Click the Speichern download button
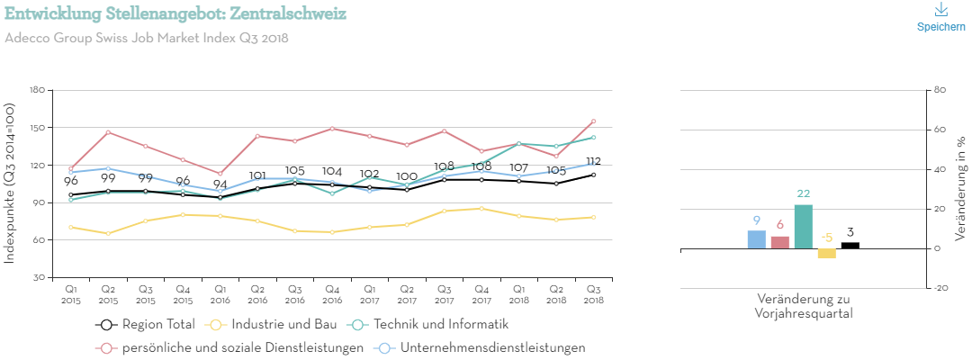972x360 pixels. pyautogui.click(x=940, y=17)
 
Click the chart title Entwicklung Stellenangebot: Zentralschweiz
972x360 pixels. pyautogui.click(x=175, y=15)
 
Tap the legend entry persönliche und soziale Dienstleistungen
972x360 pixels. pyautogui.click(x=231, y=347)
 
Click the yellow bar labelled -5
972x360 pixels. pyautogui.click(x=826, y=254)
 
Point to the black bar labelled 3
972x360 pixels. pyautogui.click(x=850, y=245)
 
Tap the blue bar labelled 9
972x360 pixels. pyautogui.click(x=756, y=239)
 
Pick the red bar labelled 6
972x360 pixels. pyautogui.click(x=779, y=243)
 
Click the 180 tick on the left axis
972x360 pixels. pyautogui.click(x=37, y=90)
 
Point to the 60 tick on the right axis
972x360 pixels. pyautogui.click(x=940, y=130)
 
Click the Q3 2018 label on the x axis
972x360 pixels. pyautogui.click(x=593, y=293)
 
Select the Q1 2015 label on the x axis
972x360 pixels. pyautogui.click(x=71, y=293)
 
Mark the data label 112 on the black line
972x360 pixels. pyautogui.click(x=593, y=162)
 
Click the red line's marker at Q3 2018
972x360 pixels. pyautogui.click(x=593, y=121)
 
